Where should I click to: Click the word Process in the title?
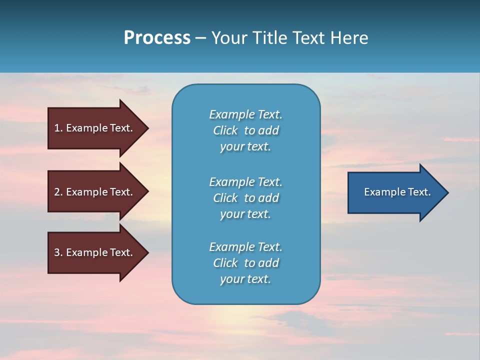point(157,38)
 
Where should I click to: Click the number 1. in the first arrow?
point(58,128)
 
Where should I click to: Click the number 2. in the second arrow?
point(58,192)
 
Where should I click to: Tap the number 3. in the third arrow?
point(58,252)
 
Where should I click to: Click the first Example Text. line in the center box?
point(245,114)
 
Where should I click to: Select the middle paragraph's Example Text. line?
point(245,182)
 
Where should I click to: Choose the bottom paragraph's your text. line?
point(245,279)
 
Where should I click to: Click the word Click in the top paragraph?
point(225,130)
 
